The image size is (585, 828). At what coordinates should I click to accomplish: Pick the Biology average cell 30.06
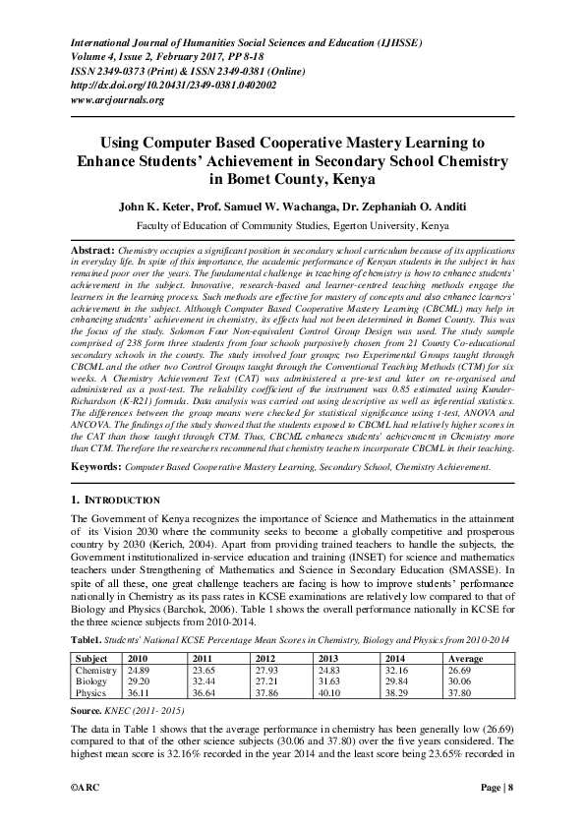[460, 681]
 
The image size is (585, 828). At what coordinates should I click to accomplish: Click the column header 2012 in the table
[265, 659]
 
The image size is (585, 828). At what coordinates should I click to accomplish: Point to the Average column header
[465, 659]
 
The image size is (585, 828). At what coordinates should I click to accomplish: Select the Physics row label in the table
[90, 692]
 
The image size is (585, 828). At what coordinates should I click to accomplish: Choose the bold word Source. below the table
[90, 708]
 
